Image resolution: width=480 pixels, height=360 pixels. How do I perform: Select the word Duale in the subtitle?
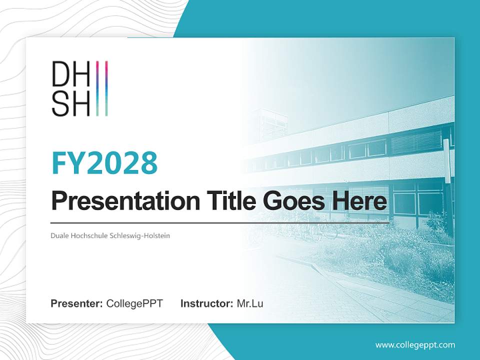59,235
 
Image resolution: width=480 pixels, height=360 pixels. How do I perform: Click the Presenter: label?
77,303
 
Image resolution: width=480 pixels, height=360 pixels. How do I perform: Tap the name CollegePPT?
134,303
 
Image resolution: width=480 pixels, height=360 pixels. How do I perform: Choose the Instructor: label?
206,303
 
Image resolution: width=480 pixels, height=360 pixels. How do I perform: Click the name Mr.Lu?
250,303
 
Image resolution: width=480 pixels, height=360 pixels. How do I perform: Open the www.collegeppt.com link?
415,345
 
